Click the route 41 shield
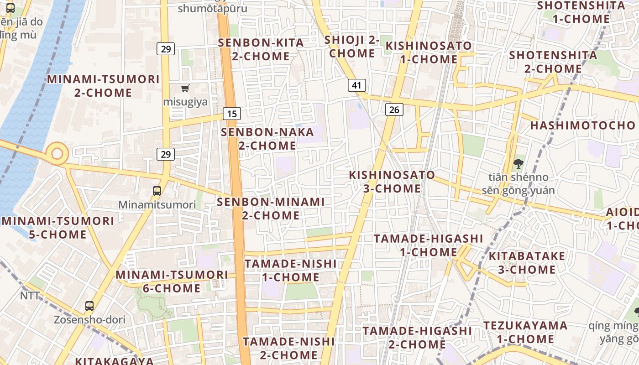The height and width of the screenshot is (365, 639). tap(356, 85)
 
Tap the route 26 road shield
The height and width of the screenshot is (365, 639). tap(394, 109)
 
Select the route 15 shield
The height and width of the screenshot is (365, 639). tap(232, 114)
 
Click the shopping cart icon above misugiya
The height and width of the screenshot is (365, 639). tap(185, 88)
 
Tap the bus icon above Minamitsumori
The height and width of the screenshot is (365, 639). tap(157, 191)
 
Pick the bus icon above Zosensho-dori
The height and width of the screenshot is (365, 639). tap(89, 306)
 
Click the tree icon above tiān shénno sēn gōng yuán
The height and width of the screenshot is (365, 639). tap(518, 163)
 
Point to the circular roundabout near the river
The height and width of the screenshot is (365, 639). tap(57, 153)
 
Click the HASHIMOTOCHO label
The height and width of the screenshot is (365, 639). tap(582, 125)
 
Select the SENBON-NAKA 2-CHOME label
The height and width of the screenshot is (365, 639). tap(267, 139)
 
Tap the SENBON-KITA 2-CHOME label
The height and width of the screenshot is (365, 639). tap(261, 49)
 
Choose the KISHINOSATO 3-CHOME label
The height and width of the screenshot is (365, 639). tap(392, 182)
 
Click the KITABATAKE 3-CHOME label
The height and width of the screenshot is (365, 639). tap(527, 263)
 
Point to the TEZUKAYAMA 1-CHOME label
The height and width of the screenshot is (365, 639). tap(525, 332)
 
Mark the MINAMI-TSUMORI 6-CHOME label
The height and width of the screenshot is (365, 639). tap(172, 282)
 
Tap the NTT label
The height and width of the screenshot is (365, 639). tap(30, 296)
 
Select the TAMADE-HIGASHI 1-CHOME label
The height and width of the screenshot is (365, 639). tap(428, 245)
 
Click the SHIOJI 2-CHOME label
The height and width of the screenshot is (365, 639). tap(352, 47)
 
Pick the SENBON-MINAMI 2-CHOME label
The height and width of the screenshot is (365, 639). tap(271, 209)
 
